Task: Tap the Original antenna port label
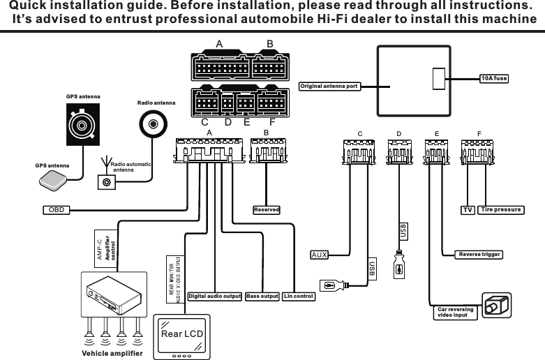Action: pos(329,87)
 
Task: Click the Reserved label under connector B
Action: pos(266,209)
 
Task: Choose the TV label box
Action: pos(468,209)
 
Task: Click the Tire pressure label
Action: pos(501,209)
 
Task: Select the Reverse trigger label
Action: pos(478,254)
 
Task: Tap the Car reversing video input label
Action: pos(455,312)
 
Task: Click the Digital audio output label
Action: pos(214,296)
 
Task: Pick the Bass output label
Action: pos(262,296)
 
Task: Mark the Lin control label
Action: pos(299,296)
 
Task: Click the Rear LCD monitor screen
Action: pos(181,333)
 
